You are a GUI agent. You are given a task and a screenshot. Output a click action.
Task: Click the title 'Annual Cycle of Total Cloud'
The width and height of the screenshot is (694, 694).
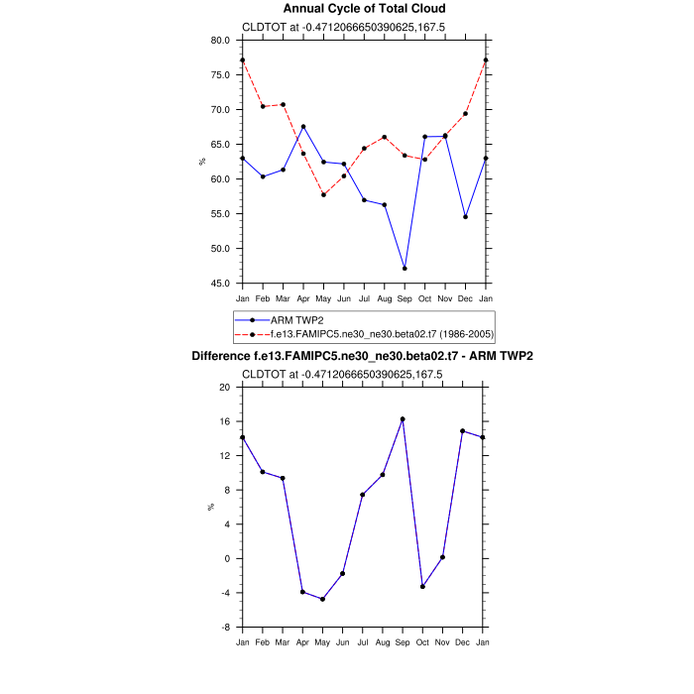[364, 9]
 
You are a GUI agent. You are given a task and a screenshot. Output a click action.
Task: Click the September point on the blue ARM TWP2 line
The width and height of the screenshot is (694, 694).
[405, 268]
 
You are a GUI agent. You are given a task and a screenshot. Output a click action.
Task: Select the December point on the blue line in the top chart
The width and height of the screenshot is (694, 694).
[465, 216]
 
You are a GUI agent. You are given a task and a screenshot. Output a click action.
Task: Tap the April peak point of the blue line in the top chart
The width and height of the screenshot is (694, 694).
[303, 127]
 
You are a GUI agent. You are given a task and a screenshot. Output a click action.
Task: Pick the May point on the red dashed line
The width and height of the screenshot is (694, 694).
[323, 194]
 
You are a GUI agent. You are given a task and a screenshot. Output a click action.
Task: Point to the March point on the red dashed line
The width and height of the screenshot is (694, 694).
[283, 104]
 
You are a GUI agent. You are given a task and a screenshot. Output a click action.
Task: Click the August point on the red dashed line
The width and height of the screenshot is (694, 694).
[384, 137]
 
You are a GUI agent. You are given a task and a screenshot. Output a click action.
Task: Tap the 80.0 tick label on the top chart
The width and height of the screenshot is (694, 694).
[220, 41]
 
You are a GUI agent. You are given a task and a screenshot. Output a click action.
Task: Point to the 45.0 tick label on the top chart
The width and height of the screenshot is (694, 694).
[220, 284]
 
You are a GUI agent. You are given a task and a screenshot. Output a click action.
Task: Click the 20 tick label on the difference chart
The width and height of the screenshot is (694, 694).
[224, 387]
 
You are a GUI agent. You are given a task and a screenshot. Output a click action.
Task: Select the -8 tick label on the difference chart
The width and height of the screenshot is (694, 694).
[225, 628]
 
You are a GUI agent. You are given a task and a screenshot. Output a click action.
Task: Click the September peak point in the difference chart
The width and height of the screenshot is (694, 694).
[403, 418]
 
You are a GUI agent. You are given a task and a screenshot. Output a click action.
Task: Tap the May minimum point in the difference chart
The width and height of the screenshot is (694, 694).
[322, 599]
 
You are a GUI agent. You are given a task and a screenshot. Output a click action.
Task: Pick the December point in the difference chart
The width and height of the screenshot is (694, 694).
[463, 431]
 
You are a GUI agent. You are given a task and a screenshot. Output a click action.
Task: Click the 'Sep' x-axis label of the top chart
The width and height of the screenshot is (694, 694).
[405, 298]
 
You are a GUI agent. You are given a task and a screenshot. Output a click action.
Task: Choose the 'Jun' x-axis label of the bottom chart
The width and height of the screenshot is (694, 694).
[343, 642]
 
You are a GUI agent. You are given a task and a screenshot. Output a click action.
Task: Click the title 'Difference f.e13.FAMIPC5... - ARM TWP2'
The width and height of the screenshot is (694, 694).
[364, 356]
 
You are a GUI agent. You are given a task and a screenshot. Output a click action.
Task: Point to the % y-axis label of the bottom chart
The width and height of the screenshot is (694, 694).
[210, 507]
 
